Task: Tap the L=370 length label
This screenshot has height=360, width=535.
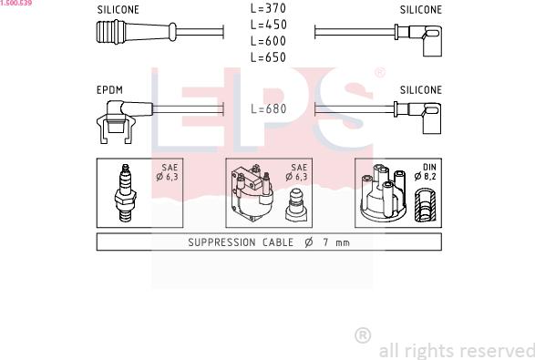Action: point(268,8)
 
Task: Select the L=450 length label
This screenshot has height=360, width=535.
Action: point(268,25)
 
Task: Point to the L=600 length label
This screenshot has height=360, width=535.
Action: point(268,41)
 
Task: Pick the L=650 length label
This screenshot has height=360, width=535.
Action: point(268,57)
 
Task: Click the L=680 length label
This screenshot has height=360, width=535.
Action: point(268,109)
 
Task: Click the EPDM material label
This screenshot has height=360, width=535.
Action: point(109,90)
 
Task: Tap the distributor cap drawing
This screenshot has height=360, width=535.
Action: point(382,194)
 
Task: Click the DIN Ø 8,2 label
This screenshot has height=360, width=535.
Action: point(428,173)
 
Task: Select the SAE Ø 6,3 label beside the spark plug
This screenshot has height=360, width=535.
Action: point(168,173)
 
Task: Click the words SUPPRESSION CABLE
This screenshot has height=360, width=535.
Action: point(241,242)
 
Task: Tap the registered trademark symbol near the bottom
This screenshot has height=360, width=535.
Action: point(362,335)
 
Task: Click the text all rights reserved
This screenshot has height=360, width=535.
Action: point(455,350)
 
